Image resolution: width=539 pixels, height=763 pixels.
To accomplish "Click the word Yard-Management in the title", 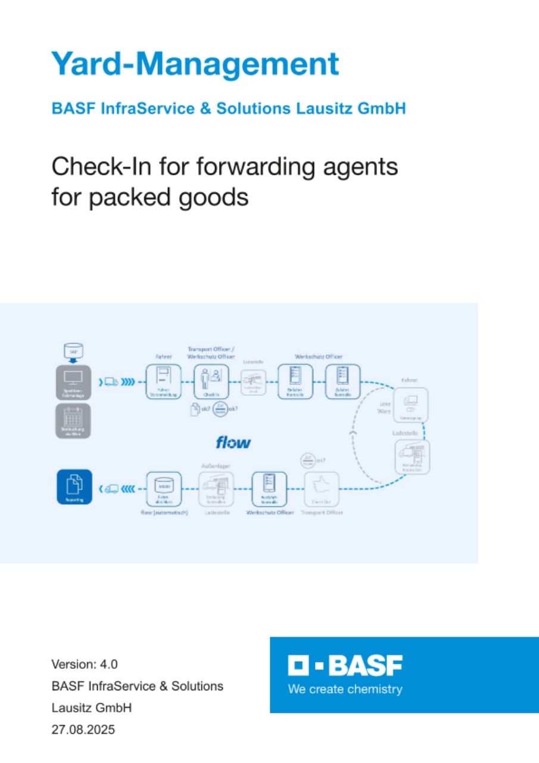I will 195,64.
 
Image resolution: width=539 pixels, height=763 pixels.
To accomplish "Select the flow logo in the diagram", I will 233,442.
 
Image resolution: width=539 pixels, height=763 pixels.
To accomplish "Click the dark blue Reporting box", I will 74,488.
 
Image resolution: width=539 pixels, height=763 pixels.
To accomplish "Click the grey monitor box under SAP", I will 74,382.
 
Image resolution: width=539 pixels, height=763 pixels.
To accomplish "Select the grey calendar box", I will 74,421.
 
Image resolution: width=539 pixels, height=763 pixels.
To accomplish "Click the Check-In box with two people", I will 211,381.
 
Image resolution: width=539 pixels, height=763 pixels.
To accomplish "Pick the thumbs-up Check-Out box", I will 322,489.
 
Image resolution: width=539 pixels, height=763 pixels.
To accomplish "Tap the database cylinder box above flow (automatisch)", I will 163,489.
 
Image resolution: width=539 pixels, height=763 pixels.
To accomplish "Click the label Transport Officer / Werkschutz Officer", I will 211,353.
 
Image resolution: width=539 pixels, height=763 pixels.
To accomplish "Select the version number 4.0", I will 108,664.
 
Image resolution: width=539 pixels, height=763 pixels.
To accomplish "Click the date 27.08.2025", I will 83,729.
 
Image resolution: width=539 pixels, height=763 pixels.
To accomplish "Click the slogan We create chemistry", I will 345,690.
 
